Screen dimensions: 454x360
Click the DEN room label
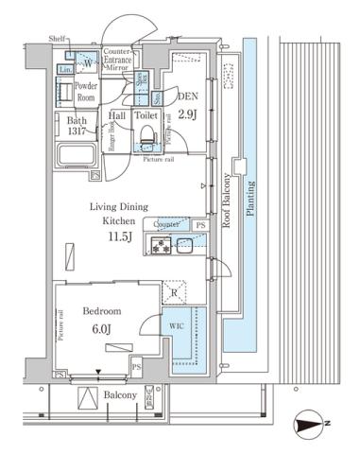188,96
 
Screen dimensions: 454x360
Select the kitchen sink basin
184,247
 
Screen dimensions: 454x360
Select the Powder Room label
87,91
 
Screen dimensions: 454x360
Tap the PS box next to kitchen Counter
200,225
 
